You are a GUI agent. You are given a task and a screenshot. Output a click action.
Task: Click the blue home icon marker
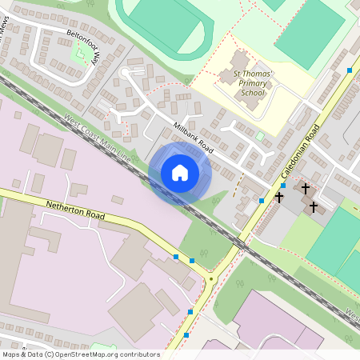pyautogui.click(x=180, y=173)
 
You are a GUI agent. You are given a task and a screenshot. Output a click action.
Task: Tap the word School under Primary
pyautogui.click(x=252, y=94)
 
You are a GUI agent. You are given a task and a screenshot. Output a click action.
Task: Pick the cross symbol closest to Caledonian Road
pyautogui.click(x=280, y=196)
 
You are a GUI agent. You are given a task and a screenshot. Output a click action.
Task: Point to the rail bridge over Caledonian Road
pyautogui.click(x=239, y=242)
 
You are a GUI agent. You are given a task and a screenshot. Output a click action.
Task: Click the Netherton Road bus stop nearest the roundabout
pyautogui.click(x=192, y=262)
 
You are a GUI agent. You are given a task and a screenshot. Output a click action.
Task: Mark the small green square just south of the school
pyautogui.click(x=260, y=136)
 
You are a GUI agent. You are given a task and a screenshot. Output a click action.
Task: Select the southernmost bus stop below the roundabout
pyautogui.click(x=186, y=334)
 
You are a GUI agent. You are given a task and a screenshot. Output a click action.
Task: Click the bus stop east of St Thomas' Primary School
pyautogui.click(x=350, y=71)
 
